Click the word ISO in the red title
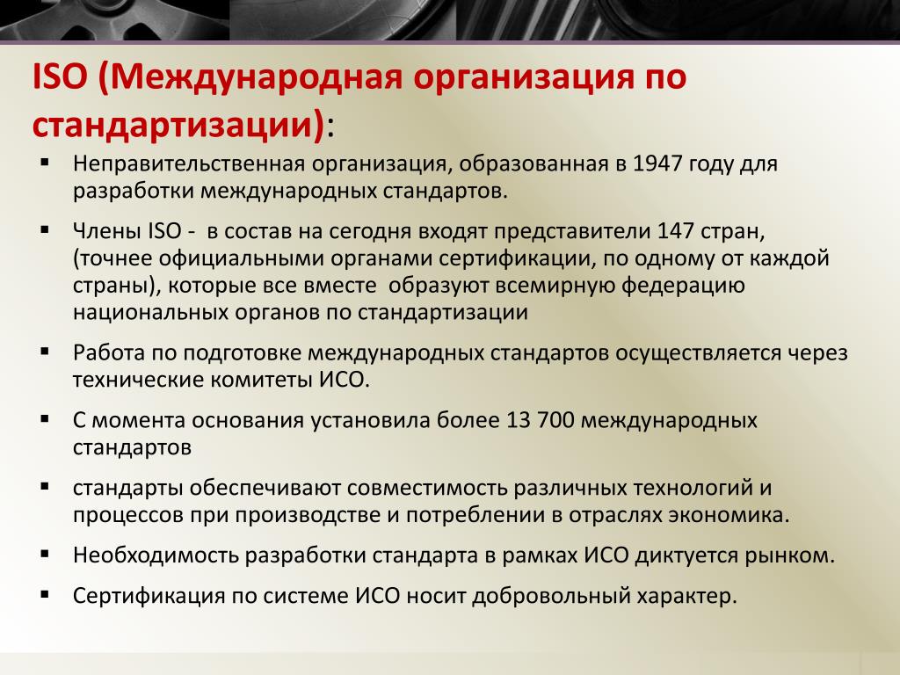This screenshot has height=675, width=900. tap(59, 77)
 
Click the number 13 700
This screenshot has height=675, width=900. tap(541, 420)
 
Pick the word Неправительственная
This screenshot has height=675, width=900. tap(189, 163)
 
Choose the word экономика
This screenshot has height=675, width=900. tap(729, 515)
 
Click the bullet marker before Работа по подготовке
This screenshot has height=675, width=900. tap(46, 352)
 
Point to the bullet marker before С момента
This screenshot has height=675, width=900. tap(46, 419)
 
